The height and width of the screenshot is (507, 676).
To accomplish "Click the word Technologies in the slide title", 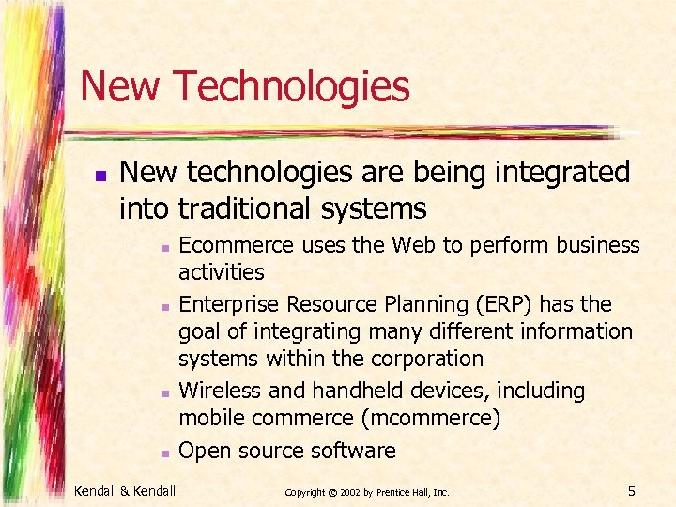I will [x=291, y=86].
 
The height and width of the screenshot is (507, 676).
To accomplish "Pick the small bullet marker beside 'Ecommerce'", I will [x=163, y=248].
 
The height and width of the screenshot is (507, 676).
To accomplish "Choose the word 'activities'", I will [x=222, y=272].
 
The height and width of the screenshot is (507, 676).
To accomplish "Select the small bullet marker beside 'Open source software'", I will [x=163, y=453].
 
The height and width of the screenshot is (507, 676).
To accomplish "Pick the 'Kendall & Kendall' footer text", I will [x=124, y=490].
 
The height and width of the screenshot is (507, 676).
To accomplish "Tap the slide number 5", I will [x=632, y=490].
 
